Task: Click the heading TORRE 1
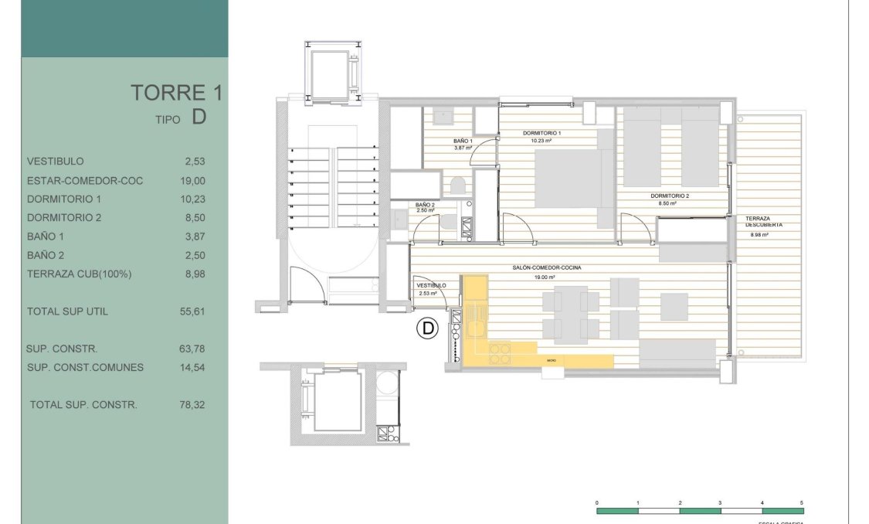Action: (176, 93)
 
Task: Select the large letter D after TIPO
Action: (199, 117)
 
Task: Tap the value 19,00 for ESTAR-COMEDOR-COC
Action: (192, 181)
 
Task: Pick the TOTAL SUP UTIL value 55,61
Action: (192, 311)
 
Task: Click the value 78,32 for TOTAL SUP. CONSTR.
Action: (192, 404)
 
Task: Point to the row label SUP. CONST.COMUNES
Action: (85, 367)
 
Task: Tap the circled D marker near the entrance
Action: (426, 328)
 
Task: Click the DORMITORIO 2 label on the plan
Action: (670, 196)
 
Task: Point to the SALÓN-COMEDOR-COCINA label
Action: (546, 267)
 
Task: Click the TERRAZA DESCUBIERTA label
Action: (764, 222)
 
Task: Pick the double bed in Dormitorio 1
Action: (569, 178)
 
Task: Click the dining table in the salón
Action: (571, 314)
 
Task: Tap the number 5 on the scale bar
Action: (802, 503)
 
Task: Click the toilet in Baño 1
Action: (456, 186)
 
